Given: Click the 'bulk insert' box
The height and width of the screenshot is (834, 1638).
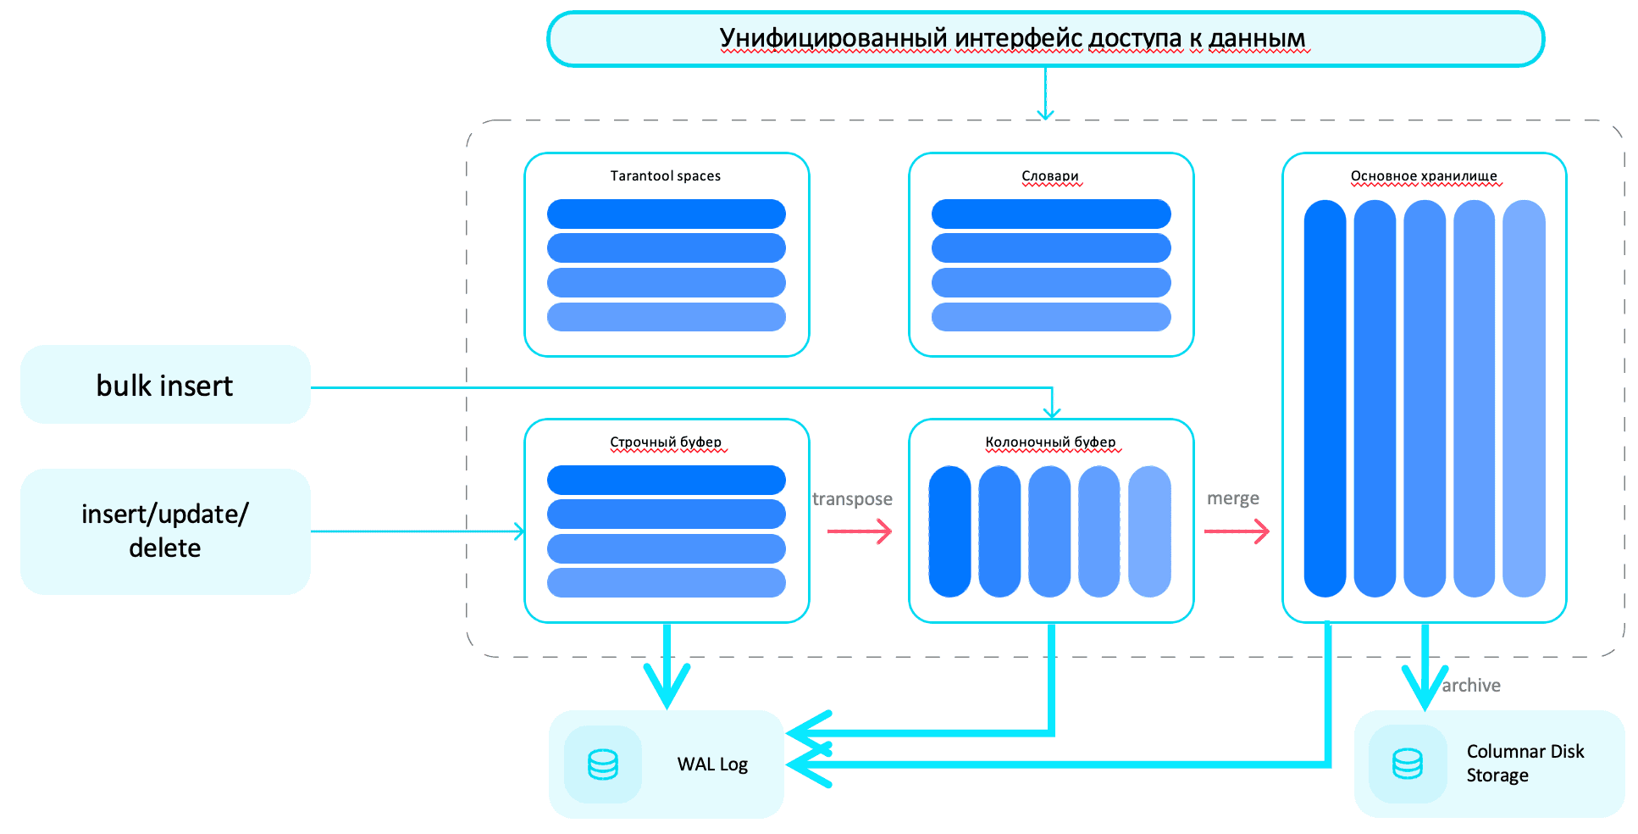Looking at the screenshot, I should pos(165,385).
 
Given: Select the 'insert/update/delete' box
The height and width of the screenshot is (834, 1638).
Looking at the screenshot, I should pos(165,531).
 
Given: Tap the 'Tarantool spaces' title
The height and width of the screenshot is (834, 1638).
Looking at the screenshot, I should pos(666,176).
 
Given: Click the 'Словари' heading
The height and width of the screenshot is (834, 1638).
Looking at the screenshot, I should pos(1050,176).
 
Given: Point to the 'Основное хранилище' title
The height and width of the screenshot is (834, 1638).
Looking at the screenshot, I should pos(1424,176).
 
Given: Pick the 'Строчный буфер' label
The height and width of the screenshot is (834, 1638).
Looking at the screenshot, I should pos(666,442).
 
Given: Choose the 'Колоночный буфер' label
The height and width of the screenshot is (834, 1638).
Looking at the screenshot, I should pos(1050,442).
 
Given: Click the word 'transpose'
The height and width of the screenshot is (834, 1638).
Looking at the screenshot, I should pos(852,499).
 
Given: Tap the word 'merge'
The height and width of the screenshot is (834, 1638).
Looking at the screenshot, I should pos(1233,498).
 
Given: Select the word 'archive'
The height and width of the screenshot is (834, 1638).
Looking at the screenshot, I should pos(1471,686).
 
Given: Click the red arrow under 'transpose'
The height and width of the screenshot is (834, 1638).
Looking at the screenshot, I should pos(860,531).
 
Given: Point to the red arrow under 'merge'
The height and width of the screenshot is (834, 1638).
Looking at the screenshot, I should pos(1237,531).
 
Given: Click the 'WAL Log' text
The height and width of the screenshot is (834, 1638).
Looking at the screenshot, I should pos(712,764).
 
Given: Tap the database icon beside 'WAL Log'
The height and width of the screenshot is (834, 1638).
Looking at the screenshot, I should pos(603,764).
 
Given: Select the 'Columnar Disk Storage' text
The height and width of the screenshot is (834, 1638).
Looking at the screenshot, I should pos(1525,764).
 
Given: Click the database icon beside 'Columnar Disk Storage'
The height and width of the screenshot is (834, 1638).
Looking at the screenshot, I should pos(1408,764).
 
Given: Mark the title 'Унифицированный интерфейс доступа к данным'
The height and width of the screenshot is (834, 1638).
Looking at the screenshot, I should pos(1012,39).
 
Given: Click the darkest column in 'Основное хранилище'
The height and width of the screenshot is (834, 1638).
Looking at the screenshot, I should pos(1325,398).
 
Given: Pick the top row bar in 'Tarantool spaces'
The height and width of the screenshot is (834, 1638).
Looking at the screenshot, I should pos(667,214).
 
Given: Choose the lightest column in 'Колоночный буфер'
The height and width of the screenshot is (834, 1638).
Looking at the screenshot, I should pos(1149,531).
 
